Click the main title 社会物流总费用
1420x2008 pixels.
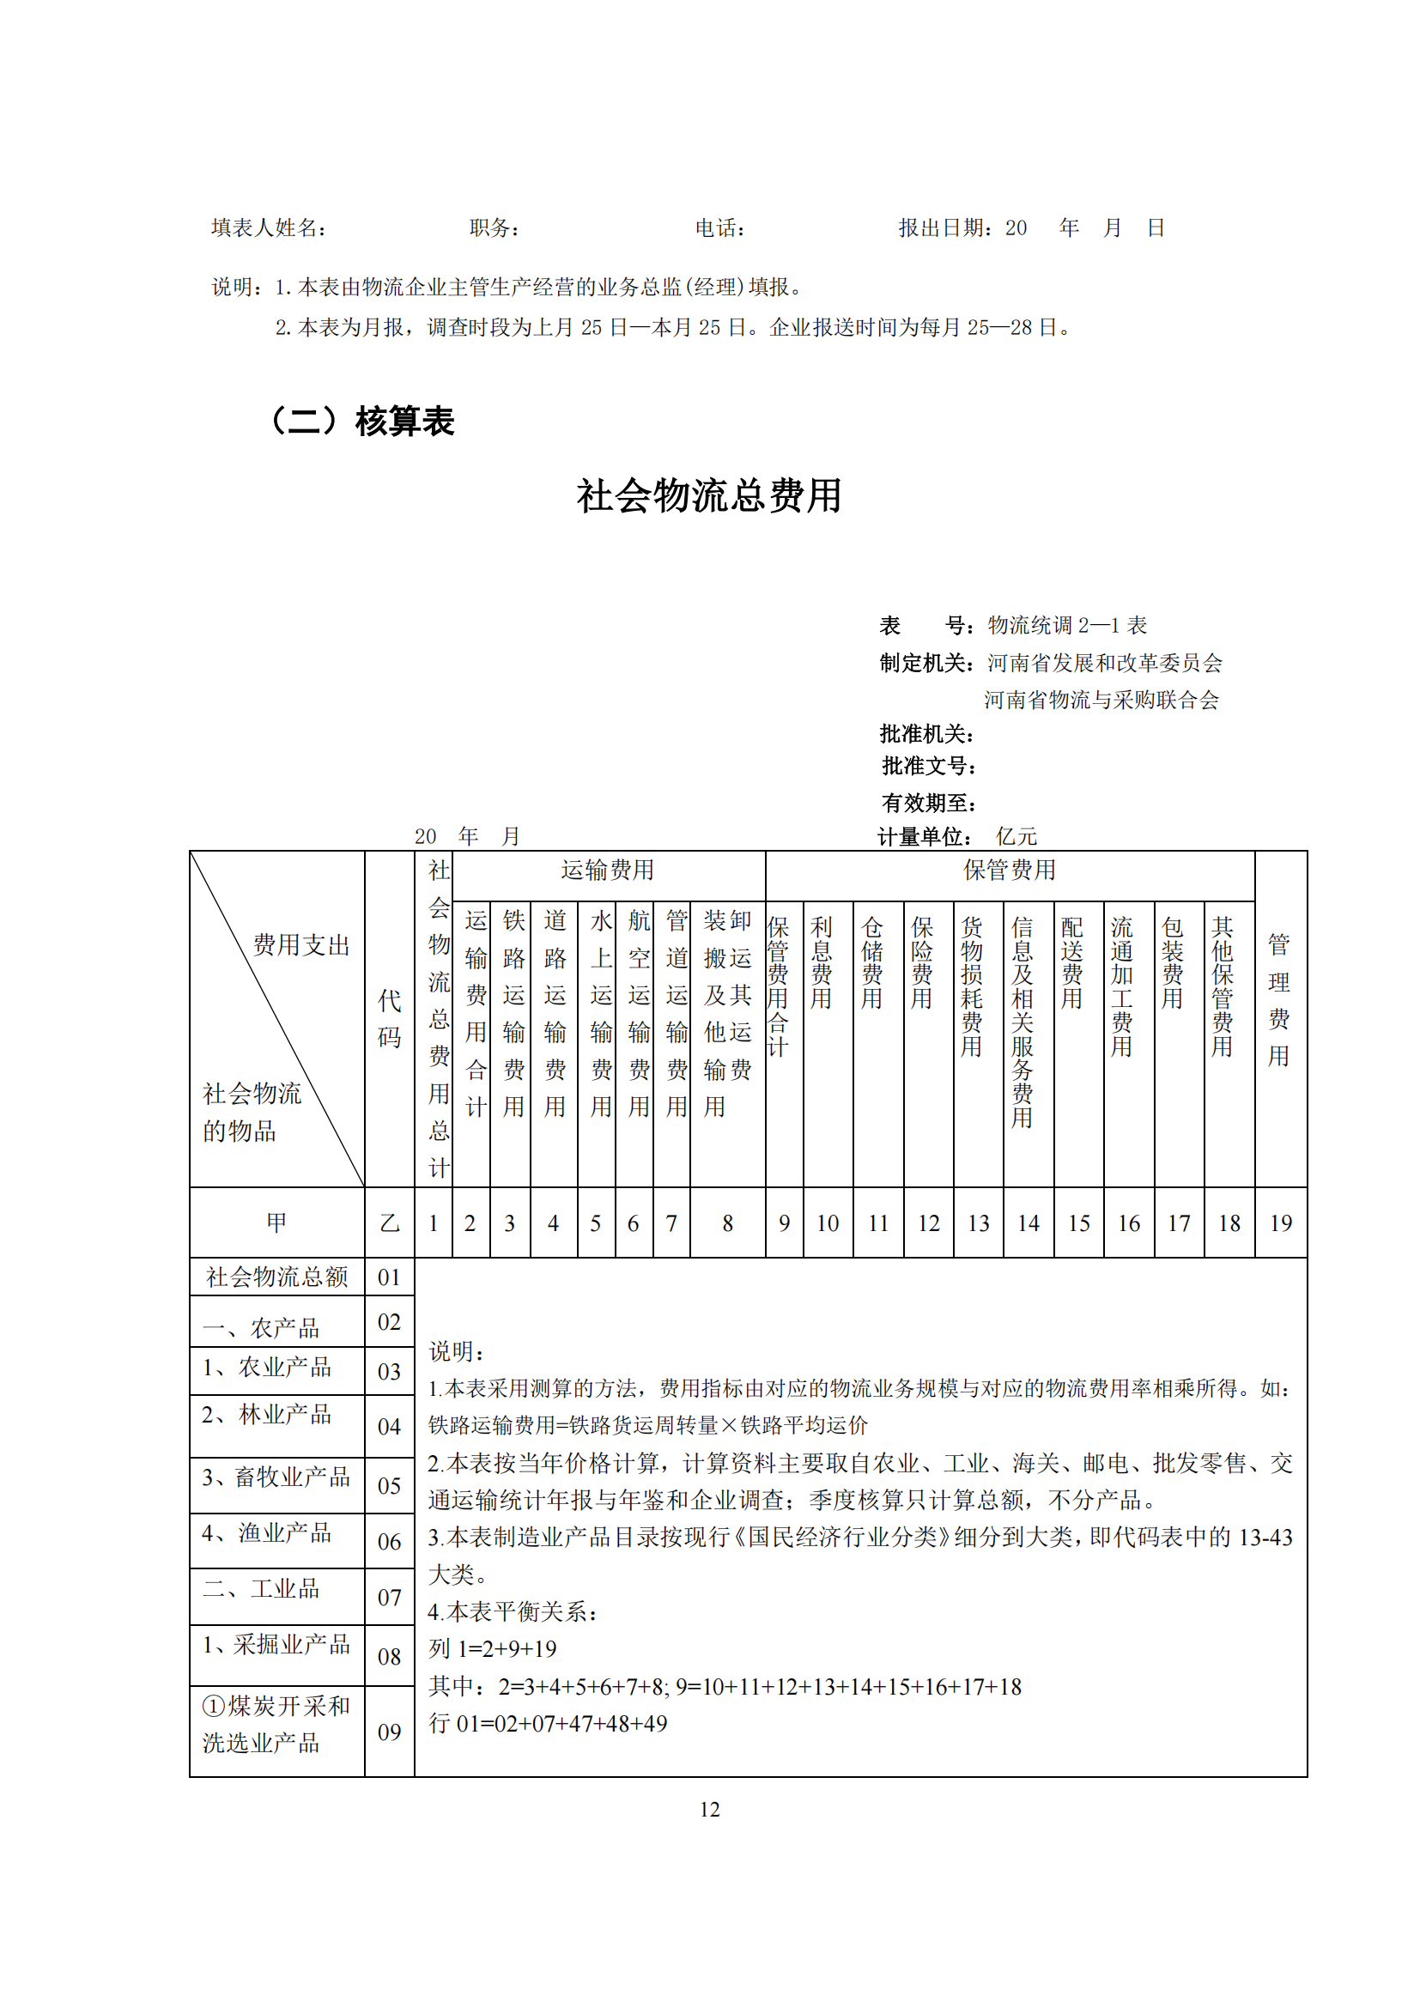708,496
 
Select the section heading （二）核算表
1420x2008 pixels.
361,421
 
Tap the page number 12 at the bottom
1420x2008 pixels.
709,1810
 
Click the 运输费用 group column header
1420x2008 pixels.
608,871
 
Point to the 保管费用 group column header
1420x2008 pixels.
1009,871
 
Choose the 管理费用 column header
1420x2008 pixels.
1279,999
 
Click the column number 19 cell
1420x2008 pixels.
1281,1223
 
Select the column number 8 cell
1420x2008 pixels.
727,1223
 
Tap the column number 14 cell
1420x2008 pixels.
1029,1223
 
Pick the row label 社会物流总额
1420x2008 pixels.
276,1277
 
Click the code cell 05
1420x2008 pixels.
389,1486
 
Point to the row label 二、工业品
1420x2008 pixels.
262,1589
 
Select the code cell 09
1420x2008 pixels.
389,1732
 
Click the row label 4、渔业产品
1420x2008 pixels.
267,1533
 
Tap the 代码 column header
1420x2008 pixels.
389,1019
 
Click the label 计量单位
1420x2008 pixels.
925,837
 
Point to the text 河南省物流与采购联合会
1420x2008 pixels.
1101,701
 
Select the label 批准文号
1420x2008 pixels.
928,767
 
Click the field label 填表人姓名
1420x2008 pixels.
269,228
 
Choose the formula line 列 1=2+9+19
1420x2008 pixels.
492,1649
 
